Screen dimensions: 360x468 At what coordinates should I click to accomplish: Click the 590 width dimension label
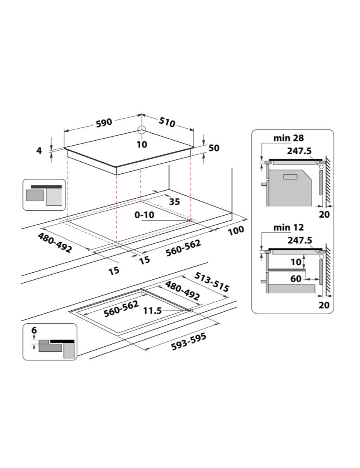(104, 122)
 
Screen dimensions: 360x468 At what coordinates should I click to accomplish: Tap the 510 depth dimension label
(167, 122)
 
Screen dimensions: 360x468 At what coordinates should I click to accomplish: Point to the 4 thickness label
(39, 151)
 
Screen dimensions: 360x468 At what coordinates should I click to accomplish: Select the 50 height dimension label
(214, 148)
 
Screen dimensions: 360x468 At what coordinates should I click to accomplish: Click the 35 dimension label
(175, 202)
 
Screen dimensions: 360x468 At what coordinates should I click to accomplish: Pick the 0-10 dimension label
(144, 215)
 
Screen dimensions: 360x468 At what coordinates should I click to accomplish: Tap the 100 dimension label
(236, 230)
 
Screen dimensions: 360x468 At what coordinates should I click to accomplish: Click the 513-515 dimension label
(212, 282)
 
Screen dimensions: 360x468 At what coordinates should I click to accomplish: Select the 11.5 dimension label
(152, 311)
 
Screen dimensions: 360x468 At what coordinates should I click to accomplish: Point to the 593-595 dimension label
(189, 342)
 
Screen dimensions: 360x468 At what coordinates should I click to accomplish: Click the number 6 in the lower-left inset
(34, 330)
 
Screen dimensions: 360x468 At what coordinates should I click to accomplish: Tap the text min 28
(288, 138)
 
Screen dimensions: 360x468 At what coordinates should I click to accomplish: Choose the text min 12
(288, 228)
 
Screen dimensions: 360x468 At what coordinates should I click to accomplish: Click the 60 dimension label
(296, 278)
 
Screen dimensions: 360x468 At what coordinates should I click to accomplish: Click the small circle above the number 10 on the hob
(142, 130)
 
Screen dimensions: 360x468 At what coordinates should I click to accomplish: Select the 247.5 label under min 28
(300, 151)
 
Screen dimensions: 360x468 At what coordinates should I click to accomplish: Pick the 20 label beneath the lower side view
(324, 305)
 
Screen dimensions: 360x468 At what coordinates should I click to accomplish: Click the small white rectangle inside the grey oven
(290, 177)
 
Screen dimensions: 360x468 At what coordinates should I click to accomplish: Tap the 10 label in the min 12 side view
(296, 262)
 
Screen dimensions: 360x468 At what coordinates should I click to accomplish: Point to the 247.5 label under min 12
(300, 240)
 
